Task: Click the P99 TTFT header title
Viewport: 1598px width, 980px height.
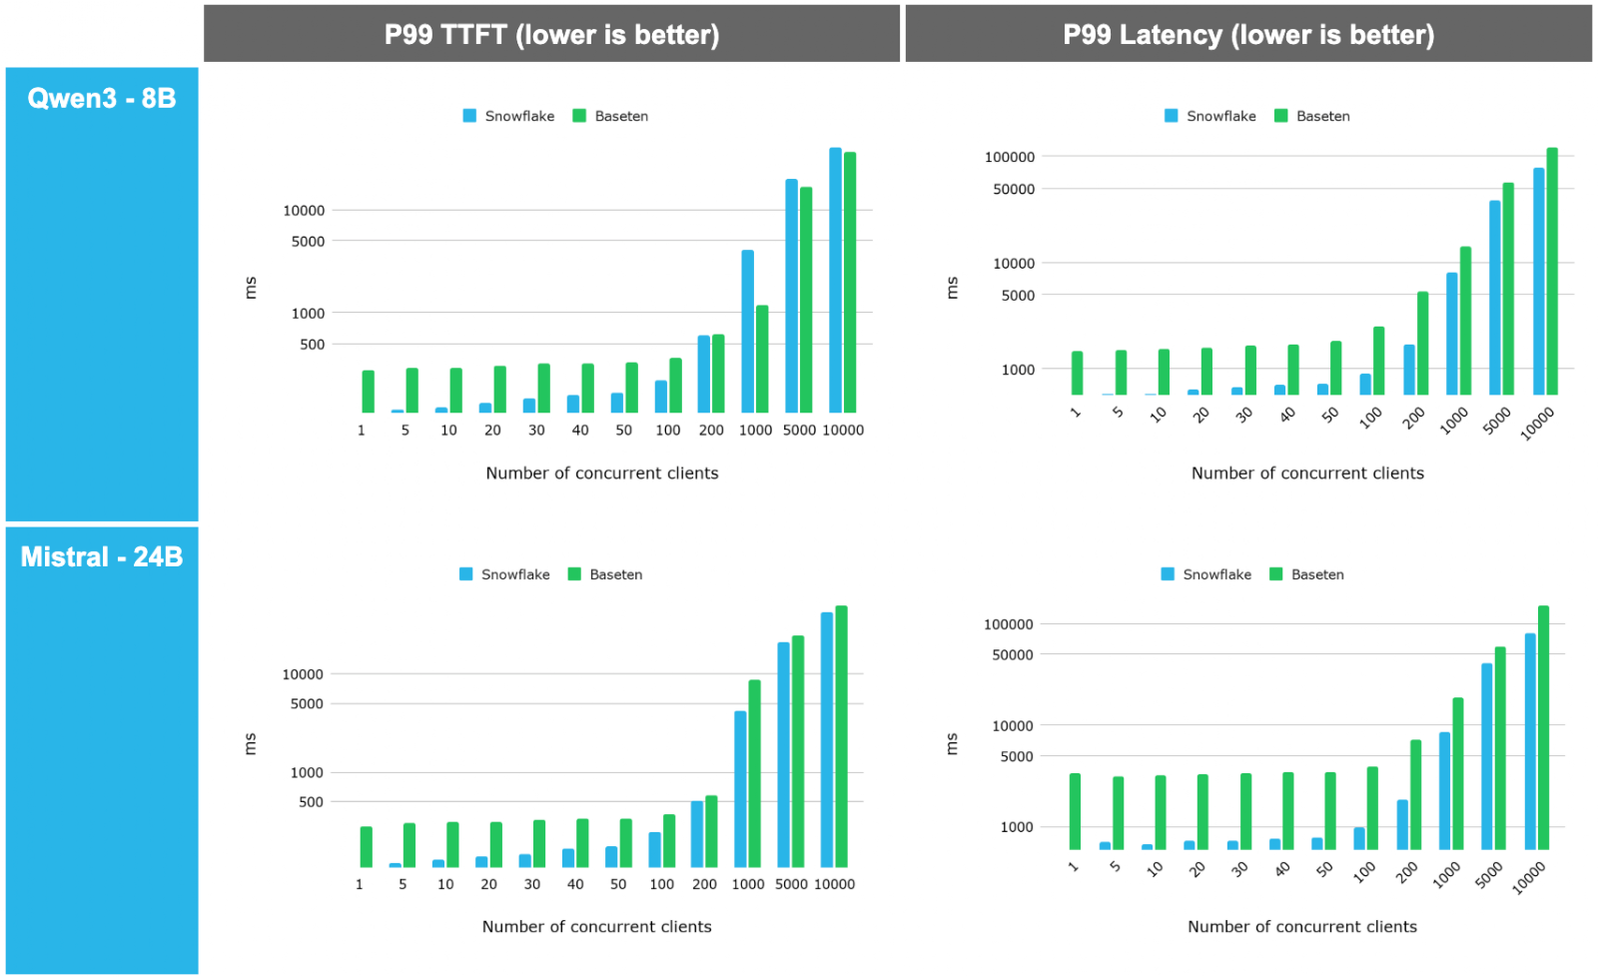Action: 551,35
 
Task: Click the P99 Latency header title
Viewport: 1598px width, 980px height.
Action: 1247,35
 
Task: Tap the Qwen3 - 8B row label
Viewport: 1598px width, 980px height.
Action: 102,98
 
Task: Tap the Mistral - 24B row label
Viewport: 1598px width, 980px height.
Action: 102,556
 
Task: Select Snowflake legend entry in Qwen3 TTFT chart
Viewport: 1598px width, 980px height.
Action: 508,116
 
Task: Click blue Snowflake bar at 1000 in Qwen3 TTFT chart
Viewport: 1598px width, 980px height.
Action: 747,331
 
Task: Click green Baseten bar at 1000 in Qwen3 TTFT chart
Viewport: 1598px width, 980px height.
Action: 762,359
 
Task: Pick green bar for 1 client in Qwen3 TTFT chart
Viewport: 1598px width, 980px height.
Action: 369,392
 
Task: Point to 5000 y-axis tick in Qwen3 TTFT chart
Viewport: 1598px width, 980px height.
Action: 308,242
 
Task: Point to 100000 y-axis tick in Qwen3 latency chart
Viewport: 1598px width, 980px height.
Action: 1009,157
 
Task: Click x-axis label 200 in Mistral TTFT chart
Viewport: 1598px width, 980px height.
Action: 704,884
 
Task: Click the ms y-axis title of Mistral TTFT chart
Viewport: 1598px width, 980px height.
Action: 251,743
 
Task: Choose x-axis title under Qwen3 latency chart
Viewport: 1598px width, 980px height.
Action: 1307,473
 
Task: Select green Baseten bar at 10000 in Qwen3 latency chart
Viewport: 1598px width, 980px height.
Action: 1552,271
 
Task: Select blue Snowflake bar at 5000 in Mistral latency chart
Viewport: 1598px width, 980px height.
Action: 1486,756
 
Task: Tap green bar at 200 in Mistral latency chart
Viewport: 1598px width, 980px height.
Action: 1415,794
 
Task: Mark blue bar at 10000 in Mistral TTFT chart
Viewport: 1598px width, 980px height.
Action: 826,739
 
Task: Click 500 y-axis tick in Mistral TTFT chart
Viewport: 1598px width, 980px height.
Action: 311,802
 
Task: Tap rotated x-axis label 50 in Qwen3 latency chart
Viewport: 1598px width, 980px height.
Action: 1329,415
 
